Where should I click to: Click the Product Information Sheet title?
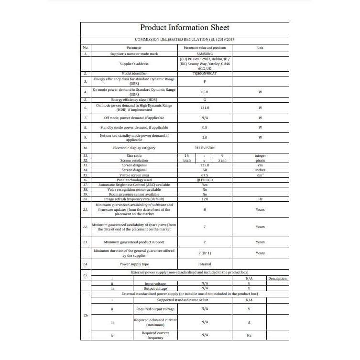click(185, 28)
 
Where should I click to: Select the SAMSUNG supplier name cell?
click(205, 54)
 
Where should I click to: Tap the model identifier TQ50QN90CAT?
click(205, 74)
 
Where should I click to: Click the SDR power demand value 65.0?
click(205, 91)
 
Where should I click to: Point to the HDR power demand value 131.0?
click(205, 108)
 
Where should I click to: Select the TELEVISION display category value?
click(205, 148)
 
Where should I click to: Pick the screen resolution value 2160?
click(222, 161)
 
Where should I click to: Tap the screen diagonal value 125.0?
click(205, 165)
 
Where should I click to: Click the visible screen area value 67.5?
click(205, 175)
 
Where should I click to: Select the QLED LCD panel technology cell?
click(205, 180)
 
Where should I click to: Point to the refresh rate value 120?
click(205, 199)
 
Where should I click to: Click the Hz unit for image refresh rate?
click(260, 199)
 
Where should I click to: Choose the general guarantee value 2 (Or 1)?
click(205, 253)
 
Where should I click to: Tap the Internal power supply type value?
click(205, 264)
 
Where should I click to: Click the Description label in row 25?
click(277, 278)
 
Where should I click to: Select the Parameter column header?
click(134, 48)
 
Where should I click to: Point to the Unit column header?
click(260, 48)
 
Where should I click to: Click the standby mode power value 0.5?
click(205, 128)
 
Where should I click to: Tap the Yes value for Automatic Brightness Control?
click(205, 185)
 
